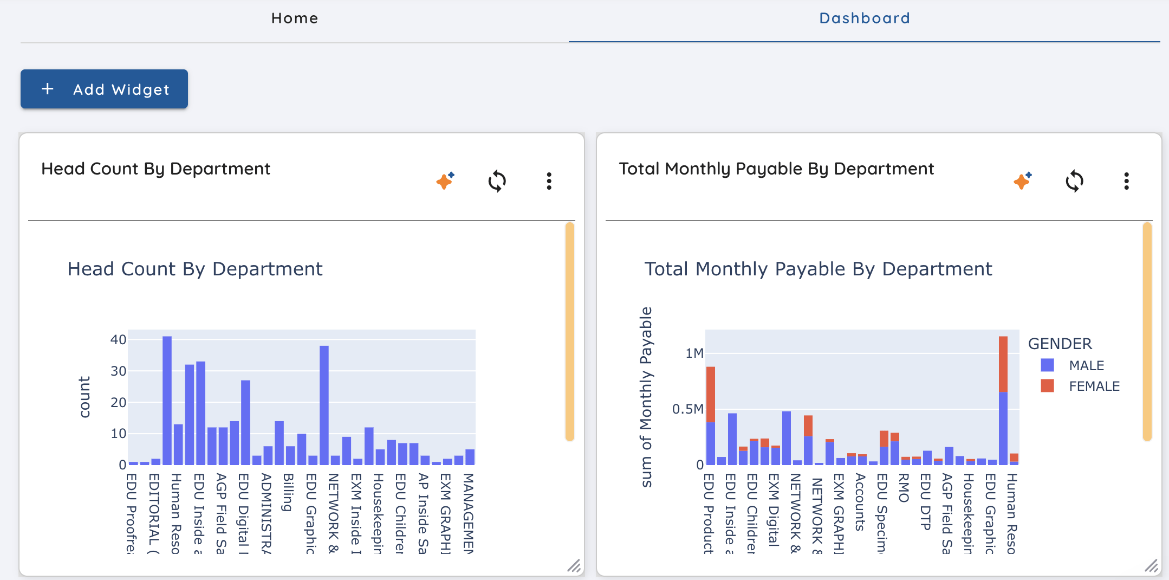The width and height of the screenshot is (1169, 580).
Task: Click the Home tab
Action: tap(295, 18)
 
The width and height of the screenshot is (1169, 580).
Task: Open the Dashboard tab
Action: tap(864, 18)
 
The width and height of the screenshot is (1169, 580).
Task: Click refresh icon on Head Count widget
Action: tap(497, 181)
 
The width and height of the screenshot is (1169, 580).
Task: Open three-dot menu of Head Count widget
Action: tap(549, 181)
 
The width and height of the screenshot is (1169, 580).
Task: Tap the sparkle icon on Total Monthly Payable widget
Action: tap(1022, 181)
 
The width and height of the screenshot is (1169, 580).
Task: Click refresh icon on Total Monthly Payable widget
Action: tap(1074, 181)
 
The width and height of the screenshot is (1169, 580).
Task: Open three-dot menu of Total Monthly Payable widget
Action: tap(1126, 181)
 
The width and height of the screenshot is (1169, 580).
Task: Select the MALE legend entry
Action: tap(1086, 366)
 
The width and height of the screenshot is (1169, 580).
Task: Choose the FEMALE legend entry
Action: tap(1093, 386)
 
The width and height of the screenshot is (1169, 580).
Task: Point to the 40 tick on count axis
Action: tap(118, 340)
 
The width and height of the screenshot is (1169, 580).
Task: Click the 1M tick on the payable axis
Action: tap(694, 353)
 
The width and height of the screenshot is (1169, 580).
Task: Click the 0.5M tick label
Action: tap(687, 409)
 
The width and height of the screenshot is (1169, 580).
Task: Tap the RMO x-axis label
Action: tap(904, 488)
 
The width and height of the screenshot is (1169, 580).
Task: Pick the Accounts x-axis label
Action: tap(860, 501)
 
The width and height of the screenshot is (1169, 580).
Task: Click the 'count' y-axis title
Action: tap(85, 397)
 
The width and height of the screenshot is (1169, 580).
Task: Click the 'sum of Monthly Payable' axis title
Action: tap(646, 397)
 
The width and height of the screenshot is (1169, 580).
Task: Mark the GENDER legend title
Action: tap(1060, 344)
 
